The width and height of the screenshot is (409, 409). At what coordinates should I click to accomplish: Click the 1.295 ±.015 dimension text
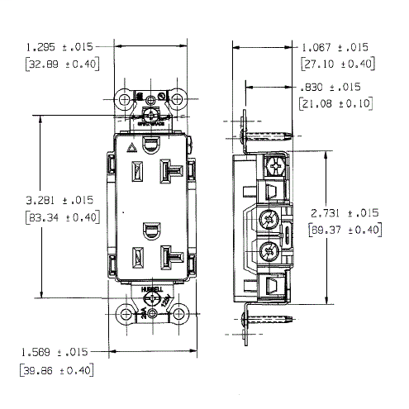point(59,47)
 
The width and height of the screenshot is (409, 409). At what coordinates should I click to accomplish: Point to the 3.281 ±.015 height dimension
point(59,201)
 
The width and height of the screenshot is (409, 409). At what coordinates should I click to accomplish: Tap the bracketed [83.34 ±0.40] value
point(59,217)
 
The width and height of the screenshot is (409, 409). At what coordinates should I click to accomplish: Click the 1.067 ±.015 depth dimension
point(335,47)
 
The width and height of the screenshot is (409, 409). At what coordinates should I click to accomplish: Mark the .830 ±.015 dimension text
point(332,87)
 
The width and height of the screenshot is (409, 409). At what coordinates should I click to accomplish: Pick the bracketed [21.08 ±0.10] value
point(334,103)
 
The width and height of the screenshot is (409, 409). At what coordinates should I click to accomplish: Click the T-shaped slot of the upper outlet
point(174,170)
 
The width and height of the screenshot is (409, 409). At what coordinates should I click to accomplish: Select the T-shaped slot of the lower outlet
point(174,259)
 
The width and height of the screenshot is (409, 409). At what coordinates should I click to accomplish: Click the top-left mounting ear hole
point(125,99)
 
